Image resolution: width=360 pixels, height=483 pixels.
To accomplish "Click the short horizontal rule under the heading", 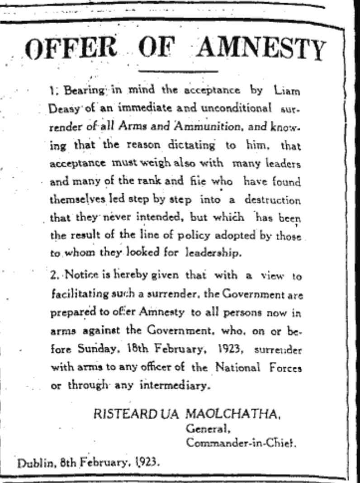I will (x=178, y=71).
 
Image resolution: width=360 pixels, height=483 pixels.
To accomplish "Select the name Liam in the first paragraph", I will (x=287, y=90).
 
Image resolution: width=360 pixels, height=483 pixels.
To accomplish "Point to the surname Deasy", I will (x=61, y=109).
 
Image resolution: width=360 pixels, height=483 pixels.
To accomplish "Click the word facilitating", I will (x=75, y=294).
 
